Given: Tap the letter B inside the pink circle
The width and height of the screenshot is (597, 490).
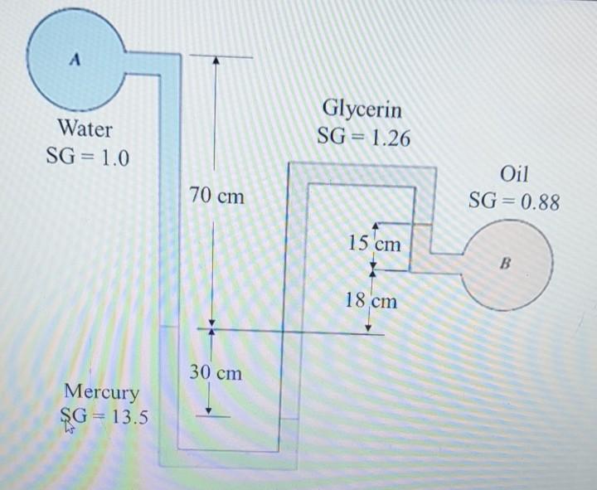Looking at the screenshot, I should pos(506,264).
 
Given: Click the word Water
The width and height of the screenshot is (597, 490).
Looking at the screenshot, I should pos(85,129).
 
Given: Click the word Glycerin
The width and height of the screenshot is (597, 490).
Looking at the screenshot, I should pos(362,109).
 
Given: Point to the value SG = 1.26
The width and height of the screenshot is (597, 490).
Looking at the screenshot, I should pos(363,138).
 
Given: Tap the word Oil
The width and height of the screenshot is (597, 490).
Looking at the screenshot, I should pos(514,174).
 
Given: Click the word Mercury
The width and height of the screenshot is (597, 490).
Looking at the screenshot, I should pos(101,391).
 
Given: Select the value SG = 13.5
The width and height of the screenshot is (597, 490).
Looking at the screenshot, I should pos(104,416).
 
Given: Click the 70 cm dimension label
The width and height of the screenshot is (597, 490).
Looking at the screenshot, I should pos(216,196).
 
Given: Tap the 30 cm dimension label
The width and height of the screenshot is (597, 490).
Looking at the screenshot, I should pos(215,372).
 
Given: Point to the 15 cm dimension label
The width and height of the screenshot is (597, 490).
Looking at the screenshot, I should pos(374,244).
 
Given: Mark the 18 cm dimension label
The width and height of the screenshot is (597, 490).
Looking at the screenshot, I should pos(372,300).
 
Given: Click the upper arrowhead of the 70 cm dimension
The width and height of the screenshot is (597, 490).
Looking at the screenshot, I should pos(214,61).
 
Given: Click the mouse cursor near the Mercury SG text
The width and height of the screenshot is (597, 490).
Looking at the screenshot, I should pos(69,427).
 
